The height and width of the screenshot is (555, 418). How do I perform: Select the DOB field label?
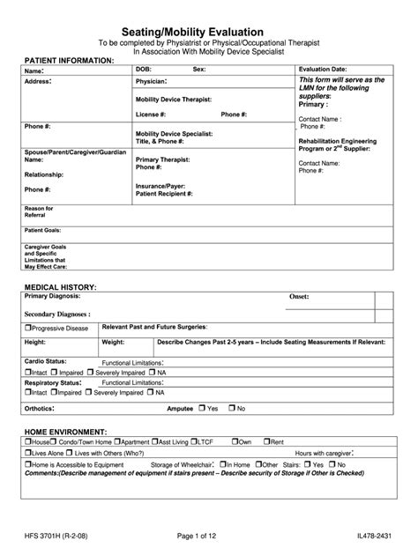(x=145, y=69)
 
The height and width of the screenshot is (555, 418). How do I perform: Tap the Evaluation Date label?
(x=322, y=69)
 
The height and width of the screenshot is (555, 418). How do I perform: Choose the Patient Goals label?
(x=41, y=227)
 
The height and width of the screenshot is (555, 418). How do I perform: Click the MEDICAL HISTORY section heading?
(x=61, y=288)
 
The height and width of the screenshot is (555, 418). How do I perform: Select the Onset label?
(x=300, y=298)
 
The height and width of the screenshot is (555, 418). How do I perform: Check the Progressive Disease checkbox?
(x=27, y=328)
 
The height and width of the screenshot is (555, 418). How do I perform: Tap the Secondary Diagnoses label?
(x=58, y=313)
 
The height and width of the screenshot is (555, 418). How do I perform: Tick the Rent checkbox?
(x=268, y=440)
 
